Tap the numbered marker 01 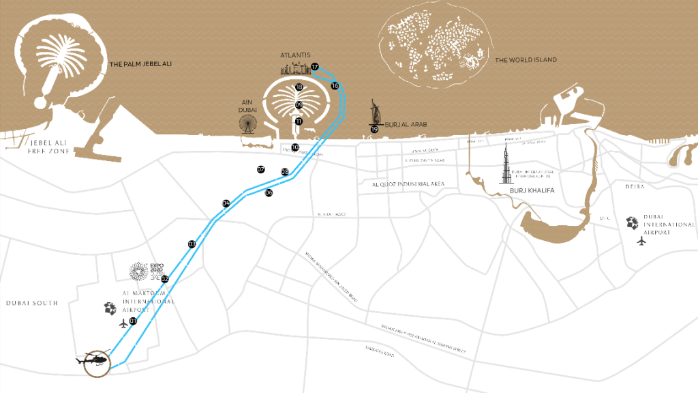tap(133, 321)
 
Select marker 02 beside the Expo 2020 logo tap(164, 279)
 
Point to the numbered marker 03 tap(192, 244)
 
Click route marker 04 tap(226, 203)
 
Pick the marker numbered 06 tap(269, 192)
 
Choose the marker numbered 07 tap(260, 169)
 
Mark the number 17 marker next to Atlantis tap(315, 67)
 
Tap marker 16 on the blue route tap(335, 86)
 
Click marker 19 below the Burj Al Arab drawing tap(374, 128)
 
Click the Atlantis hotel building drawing tap(294, 68)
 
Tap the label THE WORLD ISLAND tap(526, 60)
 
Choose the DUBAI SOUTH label tap(32, 302)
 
